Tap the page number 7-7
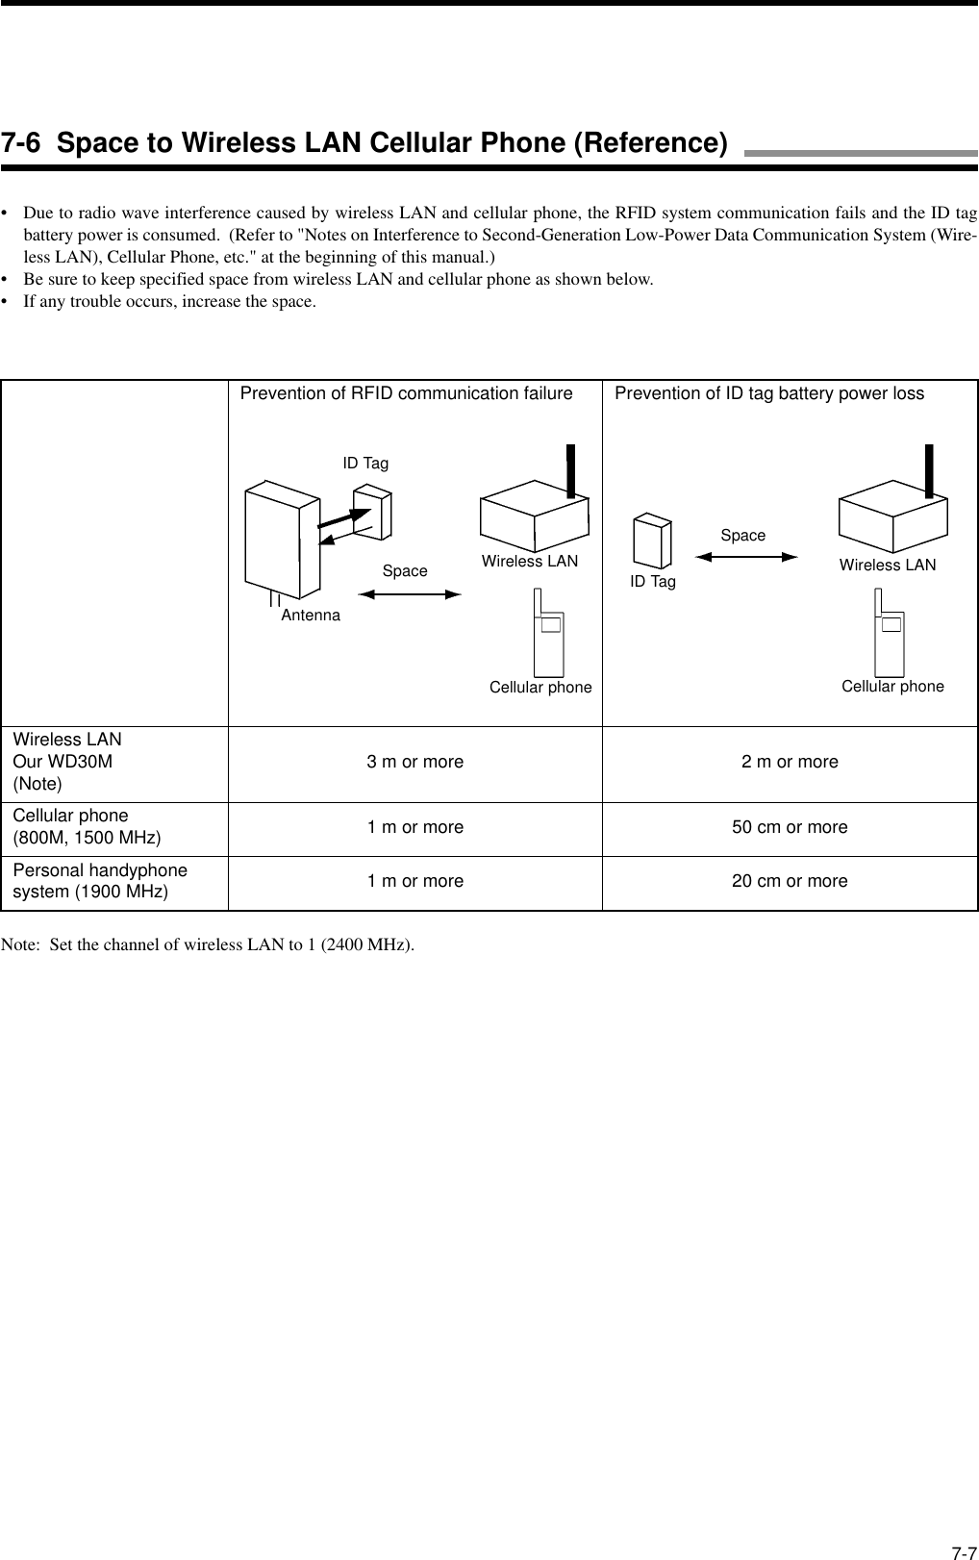point(962,1545)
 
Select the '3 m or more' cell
point(414,762)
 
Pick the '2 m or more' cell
point(790,762)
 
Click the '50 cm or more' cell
point(790,827)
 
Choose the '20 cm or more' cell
point(790,881)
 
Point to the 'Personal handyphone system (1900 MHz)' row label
point(100,881)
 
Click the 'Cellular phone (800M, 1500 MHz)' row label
point(87,827)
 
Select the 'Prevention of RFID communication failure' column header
point(406,393)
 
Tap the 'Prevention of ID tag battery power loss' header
point(768,393)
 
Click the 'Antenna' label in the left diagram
point(311,615)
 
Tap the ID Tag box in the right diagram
point(651,541)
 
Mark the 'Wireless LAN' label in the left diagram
point(530,562)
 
